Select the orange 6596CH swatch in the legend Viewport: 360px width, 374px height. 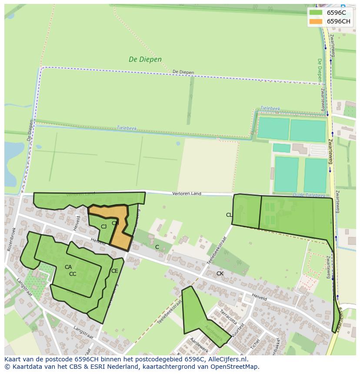coord(316,21)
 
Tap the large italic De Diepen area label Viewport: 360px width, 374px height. coord(145,60)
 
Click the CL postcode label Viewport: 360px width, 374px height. coord(229,215)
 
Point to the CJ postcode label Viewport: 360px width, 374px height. coord(103,227)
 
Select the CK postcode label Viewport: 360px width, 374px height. coord(220,274)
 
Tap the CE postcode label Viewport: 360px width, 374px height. coord(114,271)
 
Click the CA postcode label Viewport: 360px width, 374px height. coord(68,267)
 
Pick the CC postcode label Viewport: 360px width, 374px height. coord(73,274)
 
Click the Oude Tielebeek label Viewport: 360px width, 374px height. coord(309,195)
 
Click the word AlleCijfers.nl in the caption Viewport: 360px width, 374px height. coord(226,359)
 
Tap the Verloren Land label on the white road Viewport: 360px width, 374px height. coord(187,193)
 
